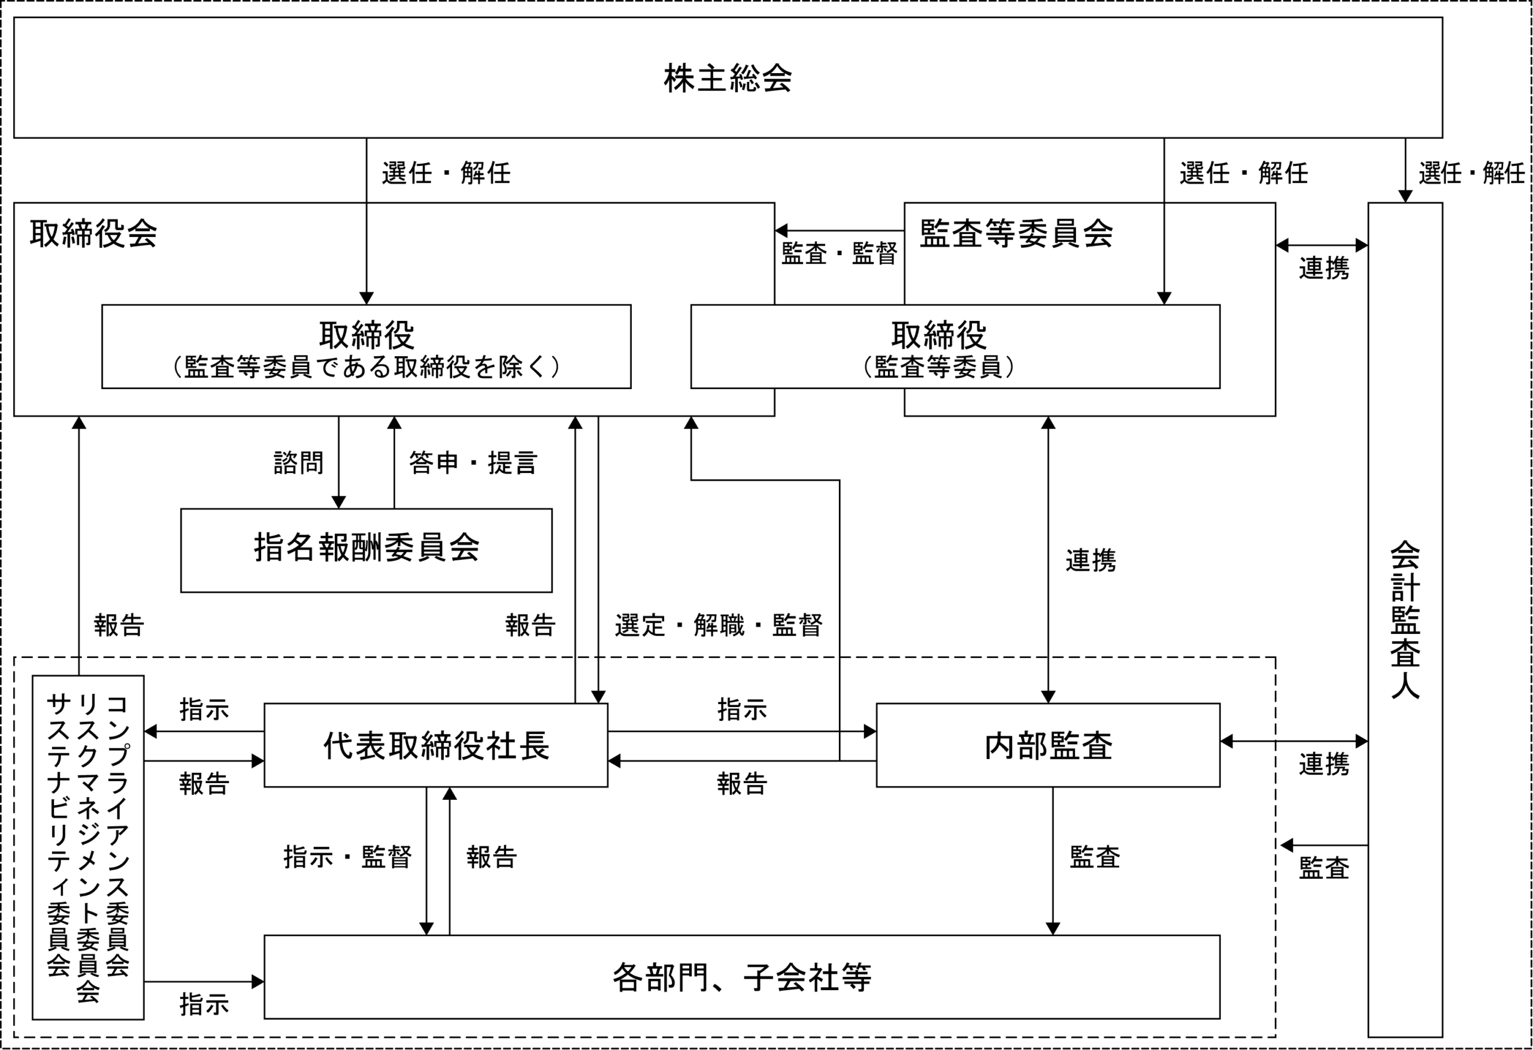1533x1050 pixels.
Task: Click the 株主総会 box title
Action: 728,78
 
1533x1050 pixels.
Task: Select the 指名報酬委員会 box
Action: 366,550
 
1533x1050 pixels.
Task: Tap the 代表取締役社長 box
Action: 435,745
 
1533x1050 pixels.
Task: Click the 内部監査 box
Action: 1047,745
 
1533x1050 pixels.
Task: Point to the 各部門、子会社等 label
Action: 742,978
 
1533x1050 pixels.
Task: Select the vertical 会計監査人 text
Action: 1405,620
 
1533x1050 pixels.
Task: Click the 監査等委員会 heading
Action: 1016,233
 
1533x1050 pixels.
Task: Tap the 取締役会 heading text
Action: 93,233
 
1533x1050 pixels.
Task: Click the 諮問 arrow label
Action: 298,463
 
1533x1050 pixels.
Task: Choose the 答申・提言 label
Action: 473,463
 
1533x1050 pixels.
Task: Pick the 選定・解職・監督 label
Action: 719,624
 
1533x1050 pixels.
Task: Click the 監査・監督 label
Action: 839,253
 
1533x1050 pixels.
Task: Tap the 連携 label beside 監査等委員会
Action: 1324,268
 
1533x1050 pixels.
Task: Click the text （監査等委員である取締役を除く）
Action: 366,367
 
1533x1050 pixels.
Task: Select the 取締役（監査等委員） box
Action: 955,346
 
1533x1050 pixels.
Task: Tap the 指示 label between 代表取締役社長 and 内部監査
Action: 742,709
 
